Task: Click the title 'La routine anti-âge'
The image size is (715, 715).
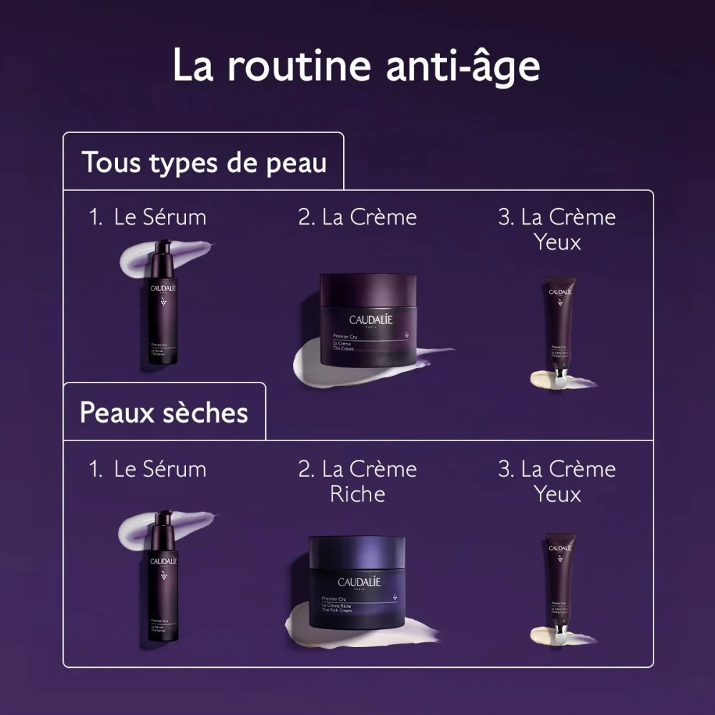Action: tap(356, 66)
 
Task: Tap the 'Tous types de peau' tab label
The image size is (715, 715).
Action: tap(204, 162)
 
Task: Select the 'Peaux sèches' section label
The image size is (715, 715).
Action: tap(164, 413)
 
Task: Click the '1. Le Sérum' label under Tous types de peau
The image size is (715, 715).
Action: tap(148, 217)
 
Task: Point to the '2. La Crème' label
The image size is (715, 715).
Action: tap(357, 217)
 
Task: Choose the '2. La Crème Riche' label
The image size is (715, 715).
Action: tap(357, 481)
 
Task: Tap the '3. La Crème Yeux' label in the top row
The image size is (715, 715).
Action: tap(557, 229)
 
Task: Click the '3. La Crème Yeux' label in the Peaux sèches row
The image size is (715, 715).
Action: tap(557, 481)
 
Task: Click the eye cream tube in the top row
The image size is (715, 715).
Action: tap(559, 325)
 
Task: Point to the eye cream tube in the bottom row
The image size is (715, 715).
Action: tap(559, 581)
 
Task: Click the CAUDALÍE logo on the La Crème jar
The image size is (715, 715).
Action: tap(370, 320)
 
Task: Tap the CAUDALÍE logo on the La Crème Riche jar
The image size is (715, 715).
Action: tap(359, 582)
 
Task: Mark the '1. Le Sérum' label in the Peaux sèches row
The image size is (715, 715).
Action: tap(148, 470)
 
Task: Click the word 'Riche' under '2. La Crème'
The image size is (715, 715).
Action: tap(357, 494)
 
